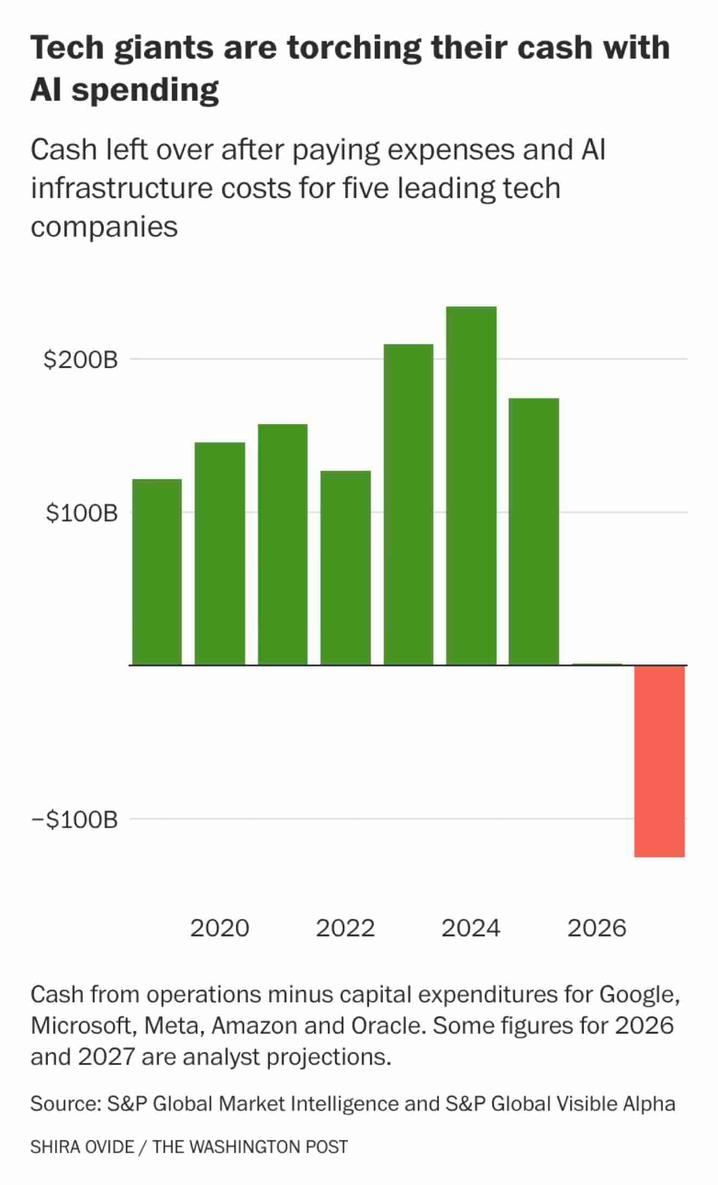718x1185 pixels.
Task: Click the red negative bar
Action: pos(659,761)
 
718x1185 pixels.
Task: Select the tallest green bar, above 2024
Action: pos(471,486)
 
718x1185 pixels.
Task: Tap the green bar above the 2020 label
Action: pos(220,554)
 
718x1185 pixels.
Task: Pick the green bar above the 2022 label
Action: pos(345,568)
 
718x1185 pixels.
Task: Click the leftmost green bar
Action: pos(157,572)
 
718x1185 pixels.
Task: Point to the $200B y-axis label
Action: pos(81,359)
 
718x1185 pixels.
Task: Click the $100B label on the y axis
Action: pos(82,513)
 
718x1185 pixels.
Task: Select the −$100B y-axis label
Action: pos(75,819)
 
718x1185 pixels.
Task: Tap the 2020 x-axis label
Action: pos(220,928)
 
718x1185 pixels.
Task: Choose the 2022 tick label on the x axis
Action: pos(345,928)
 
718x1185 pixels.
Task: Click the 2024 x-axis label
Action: pos(471,928)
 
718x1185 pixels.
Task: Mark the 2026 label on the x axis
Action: pos(597,928)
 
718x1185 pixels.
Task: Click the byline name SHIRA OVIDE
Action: pos(82,1147)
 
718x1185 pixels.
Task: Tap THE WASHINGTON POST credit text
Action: pos(250,1147)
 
